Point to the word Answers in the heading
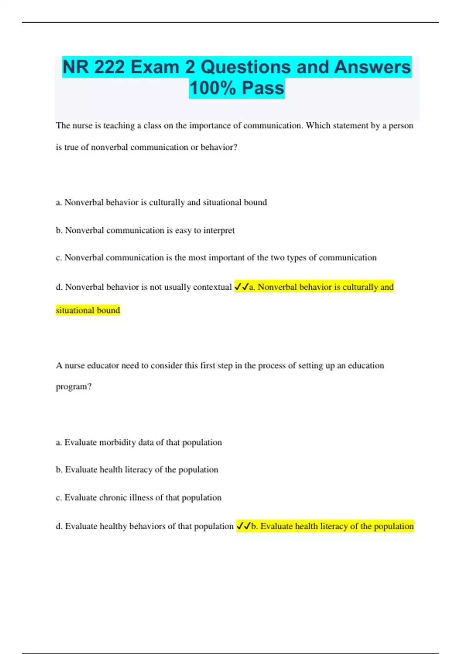pyautogui.click(x=372, y=67)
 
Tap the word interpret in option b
pyautogui.click(x=219, y=230)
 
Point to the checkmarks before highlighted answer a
pyautogui.click(x=242, y=287)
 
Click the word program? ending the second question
pyautogui.click(x=74, y=387)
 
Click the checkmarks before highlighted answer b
pyautogui.click(x=244, y=526)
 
